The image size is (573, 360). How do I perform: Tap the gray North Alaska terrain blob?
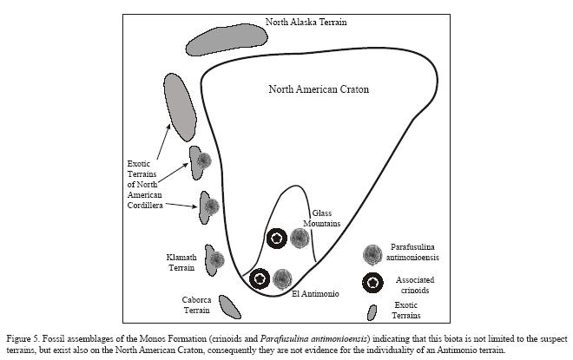(225, 39)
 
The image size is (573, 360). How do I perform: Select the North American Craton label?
(319, 88)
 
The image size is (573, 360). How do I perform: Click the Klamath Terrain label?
(182, 262)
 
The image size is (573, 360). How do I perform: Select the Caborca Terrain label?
(196, 304)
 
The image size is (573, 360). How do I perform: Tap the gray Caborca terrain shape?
(229, 306)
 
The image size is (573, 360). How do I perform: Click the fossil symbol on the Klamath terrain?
(216, 259)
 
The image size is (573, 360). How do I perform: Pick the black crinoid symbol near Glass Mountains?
(276, 237)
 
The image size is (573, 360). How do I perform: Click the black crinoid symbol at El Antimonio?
(259, 279)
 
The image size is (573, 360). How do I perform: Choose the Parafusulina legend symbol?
(372, 253)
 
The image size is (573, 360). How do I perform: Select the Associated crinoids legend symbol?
(372, 282)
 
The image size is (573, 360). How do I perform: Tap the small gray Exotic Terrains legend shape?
(372, 312)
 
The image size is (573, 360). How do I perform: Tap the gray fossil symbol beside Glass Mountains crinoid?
(300, 237)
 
